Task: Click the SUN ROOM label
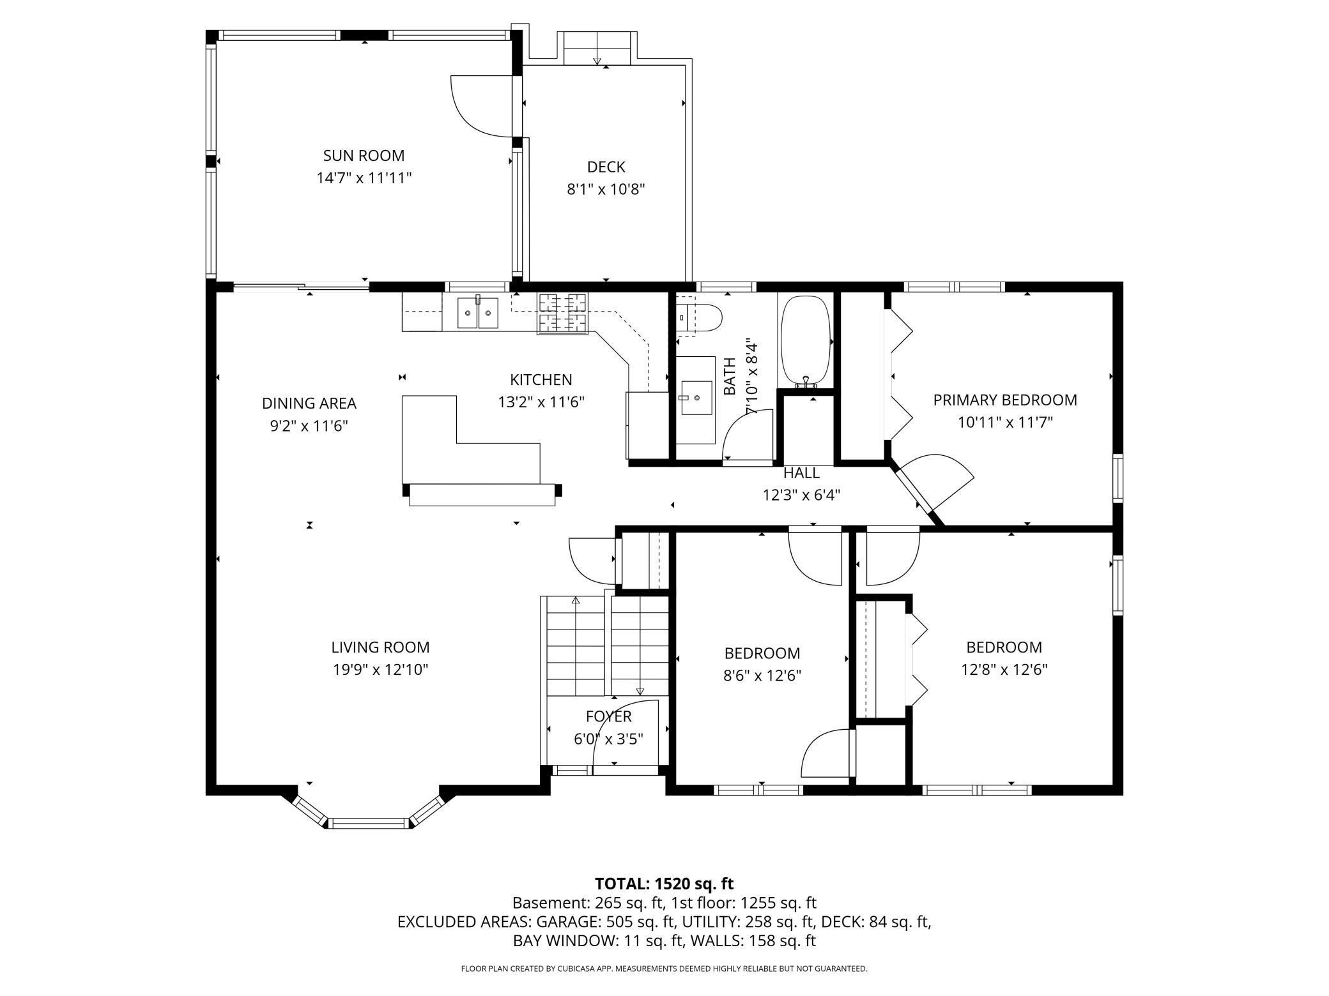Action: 364,156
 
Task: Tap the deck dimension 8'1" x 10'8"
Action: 606,190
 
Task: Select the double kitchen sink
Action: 477,313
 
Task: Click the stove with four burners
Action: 562,313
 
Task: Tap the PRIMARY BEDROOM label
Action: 1004,400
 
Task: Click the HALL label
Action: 801,473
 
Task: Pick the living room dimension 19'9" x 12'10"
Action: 380,670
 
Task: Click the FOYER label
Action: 608,717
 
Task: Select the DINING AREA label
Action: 309,404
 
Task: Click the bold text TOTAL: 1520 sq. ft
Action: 664,884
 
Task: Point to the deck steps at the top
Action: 597,49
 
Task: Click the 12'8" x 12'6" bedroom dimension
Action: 1004,670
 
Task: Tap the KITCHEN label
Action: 541,380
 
